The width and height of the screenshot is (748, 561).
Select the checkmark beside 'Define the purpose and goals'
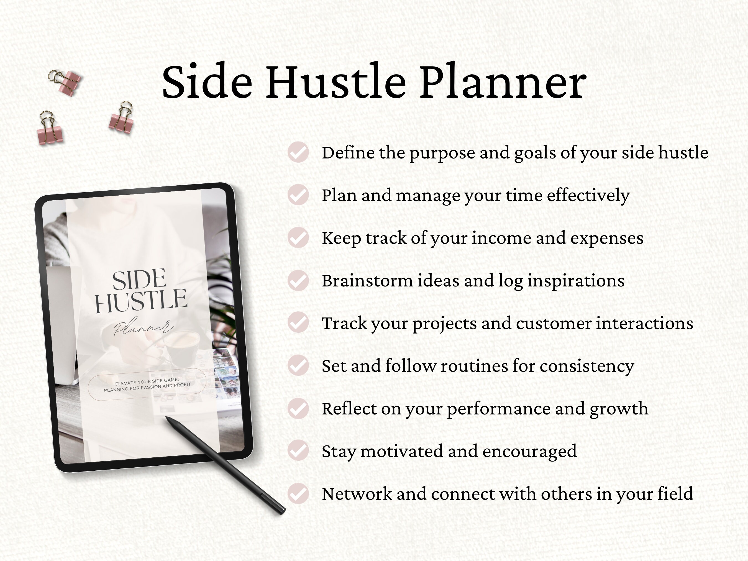coord(298,152)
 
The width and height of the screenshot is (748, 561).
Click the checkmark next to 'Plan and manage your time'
coord(298,195)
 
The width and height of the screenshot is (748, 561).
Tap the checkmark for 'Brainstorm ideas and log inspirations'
coord(298,280)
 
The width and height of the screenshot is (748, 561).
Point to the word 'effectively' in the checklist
coord(588,196)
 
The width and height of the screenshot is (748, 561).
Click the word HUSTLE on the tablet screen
coord(141,300)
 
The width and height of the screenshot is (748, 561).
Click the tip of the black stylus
coord(167,418)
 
